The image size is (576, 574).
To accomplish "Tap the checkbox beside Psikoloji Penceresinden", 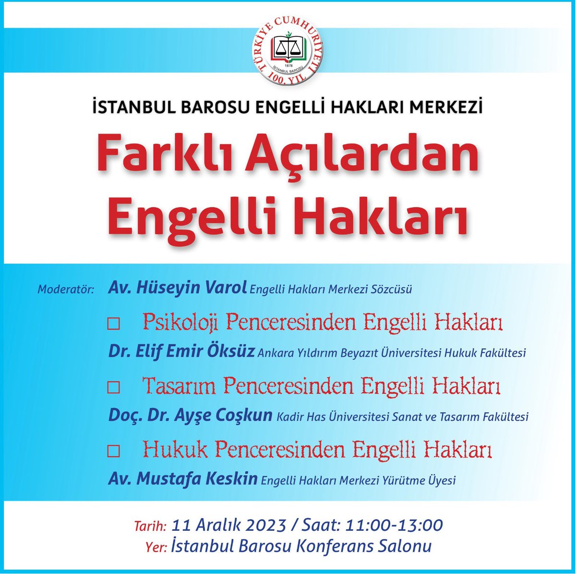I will [x=113, y=325].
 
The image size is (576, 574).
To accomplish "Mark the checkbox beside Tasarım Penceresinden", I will [x=113, y=388].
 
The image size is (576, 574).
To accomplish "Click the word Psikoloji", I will [x=180, y=323].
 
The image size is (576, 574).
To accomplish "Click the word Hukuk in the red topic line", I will [x=175, y=450].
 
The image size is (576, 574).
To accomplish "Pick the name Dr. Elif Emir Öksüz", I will [x=181, y=352].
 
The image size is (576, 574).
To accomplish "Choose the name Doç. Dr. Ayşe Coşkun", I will [x=191, y=415].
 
